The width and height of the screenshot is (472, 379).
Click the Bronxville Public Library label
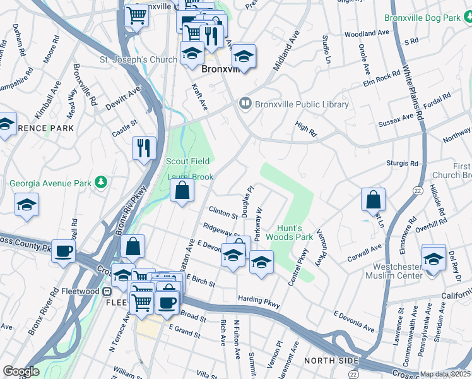pyautogui.click(x=302, y=105)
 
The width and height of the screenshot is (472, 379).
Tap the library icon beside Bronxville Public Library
pyautogui.click(x=245, y=104)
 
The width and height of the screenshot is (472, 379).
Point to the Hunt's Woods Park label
pyautogui.click(x=295, y=232)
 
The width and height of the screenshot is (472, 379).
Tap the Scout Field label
pyautogui.click(x=187, y=162)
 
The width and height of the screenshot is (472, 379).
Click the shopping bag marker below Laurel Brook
pyautogui.click(x=182, y=190)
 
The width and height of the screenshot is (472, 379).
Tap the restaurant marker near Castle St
pyautogui.click(x=144, y=148)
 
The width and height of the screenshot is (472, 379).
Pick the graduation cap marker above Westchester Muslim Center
pyautogui.click(x=434, y=258)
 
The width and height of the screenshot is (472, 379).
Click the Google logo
pyautogui.click(x=21, y=371)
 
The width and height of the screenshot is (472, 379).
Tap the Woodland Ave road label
pyautogui.click(x=367, y=33)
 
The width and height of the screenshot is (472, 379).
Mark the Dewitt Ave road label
pyautogui.click(x=123, y=99)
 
